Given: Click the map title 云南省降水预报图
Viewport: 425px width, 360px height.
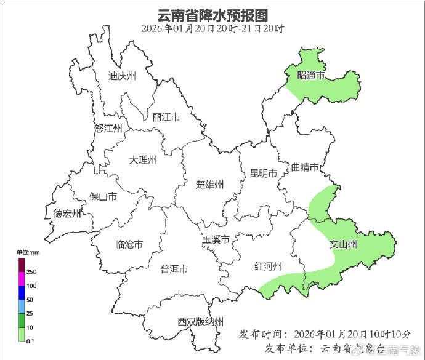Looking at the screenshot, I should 212,14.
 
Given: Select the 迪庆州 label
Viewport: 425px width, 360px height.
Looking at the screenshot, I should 122,76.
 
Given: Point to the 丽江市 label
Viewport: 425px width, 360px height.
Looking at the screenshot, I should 166,117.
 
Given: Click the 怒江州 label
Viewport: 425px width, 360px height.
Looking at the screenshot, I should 109,129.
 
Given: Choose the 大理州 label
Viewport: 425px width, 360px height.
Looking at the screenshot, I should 143,160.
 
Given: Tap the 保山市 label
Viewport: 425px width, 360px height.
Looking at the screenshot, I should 103,197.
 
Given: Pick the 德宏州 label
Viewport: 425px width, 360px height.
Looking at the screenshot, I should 67,214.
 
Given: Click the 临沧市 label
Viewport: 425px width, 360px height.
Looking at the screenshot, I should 129,244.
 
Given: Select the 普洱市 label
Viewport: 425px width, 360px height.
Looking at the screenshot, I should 174,269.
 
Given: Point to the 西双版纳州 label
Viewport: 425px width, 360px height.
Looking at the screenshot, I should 200,321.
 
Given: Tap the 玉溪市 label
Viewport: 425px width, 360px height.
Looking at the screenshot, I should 216,239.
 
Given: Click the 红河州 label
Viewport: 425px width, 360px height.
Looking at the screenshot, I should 269,266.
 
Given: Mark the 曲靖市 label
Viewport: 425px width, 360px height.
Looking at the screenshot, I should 305,167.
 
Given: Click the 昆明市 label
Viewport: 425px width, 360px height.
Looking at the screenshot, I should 263,173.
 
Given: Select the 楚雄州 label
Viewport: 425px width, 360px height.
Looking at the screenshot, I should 210,185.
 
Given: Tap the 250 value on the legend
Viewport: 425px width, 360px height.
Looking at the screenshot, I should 31,272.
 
